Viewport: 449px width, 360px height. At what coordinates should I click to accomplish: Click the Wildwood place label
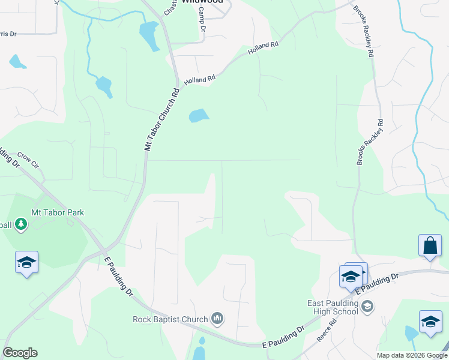pyautogui.click(x=198, y=2)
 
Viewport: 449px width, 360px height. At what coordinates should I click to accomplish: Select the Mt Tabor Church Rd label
pyautogui.click(x=162, y=120)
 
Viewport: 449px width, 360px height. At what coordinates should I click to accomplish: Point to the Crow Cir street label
pyautogui.click(x=28, y=159)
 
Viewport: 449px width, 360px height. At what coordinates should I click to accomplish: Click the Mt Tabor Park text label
pyautogui.click(x=58, y=212)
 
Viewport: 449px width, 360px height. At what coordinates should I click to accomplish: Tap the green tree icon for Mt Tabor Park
pyautogui.click(x=22, y=224)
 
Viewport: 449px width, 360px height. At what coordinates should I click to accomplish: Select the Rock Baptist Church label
pyautogui.click(x=170, y=319)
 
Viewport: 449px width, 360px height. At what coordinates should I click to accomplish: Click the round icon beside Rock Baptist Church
pyautogui.click(x=217, y=319)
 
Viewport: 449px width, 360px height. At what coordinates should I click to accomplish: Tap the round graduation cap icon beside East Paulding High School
pyautogui.click(x=367, y=307)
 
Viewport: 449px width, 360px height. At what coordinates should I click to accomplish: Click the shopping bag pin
pyautogui.click(x=430, y=245)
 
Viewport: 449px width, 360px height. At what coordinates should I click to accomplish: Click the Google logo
pyautogui.click(x=20, y=353)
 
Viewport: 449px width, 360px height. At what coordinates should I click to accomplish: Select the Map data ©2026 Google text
pyautogui.click(x=412, y=355)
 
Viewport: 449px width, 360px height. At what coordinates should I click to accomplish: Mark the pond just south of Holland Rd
pyautogui.click(x=199, y=115)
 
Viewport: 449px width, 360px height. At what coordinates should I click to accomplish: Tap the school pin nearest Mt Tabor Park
pyautogui.click(x=26, y=262)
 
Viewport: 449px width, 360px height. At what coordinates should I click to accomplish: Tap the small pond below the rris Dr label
pyautogui.click(x=17, y=61)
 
